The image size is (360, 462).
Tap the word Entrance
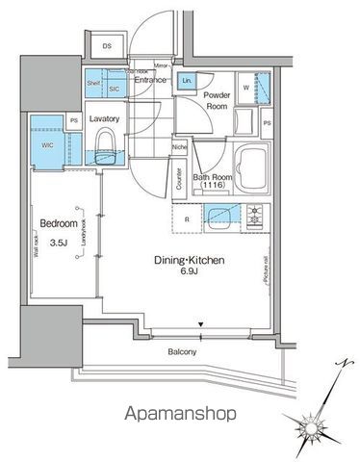pos(152,80)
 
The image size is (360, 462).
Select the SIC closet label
pos(113,87)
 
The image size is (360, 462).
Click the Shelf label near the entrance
pos(94,83)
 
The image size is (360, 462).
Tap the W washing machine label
pos(246,88)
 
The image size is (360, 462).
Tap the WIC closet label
pos(47,146)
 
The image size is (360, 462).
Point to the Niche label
pos(179,147)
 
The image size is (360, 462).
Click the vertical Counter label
pos(179,179)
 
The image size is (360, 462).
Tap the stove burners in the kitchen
pos(256,217)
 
